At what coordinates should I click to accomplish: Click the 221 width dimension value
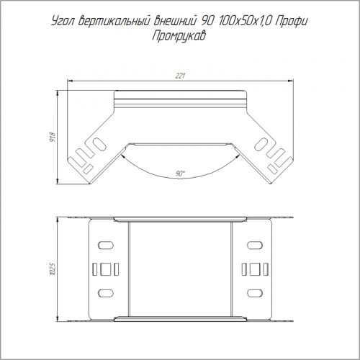(180, 76)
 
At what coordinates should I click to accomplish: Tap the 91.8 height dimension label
(53, 137)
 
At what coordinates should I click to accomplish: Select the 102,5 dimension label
(53, 269)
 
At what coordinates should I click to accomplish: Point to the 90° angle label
(180, 174)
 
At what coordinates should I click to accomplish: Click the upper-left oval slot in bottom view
(106, 246)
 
